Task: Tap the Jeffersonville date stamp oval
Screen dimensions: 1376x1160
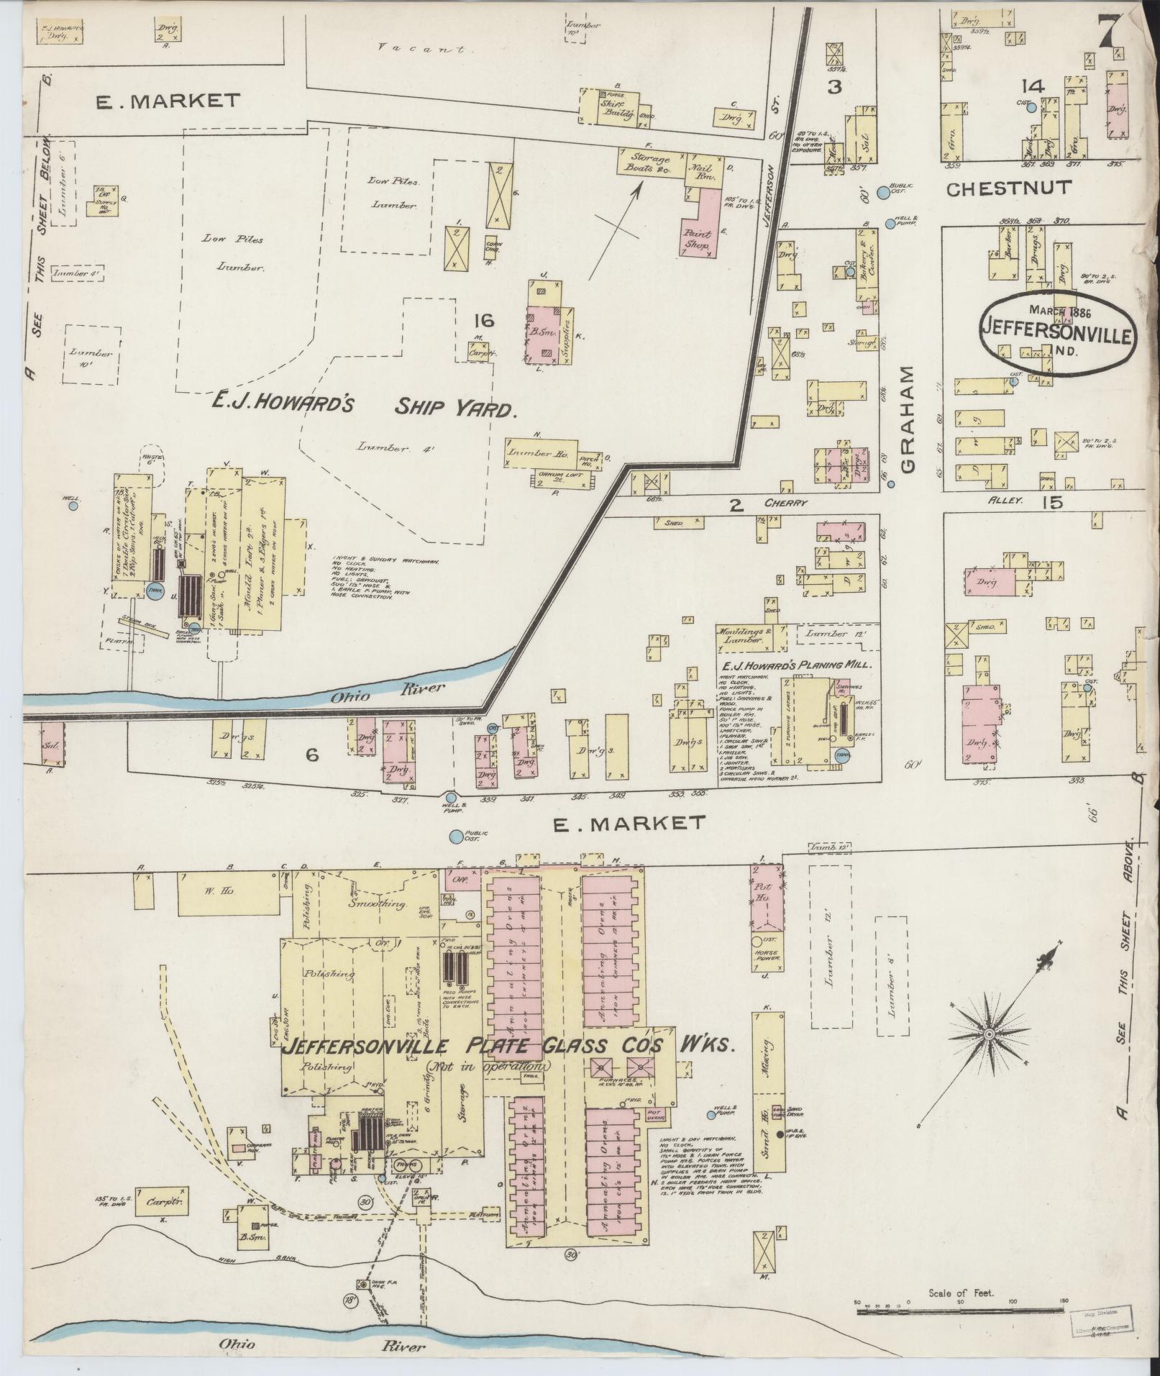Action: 1056,333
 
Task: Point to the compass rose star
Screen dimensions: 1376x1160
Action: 989,1033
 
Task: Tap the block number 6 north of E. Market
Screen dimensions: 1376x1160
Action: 311,755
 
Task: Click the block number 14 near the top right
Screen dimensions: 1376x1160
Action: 1032,87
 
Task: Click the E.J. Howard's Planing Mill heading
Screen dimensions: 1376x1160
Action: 797,665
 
